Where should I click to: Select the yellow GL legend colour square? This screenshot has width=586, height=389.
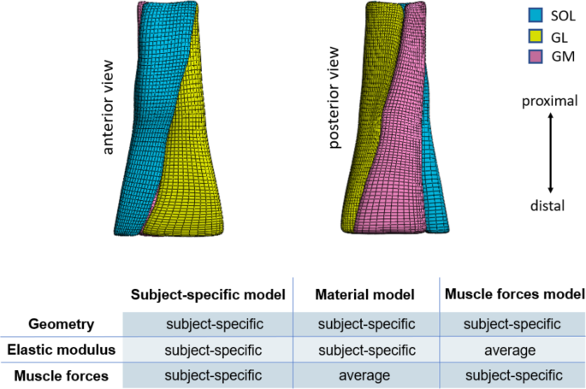pos(536,37)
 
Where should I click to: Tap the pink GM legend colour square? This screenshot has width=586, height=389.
pos(536,57)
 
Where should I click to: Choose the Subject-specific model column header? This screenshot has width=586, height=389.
pos(207,293)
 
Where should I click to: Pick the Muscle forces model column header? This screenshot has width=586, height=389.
pos(513,293)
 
